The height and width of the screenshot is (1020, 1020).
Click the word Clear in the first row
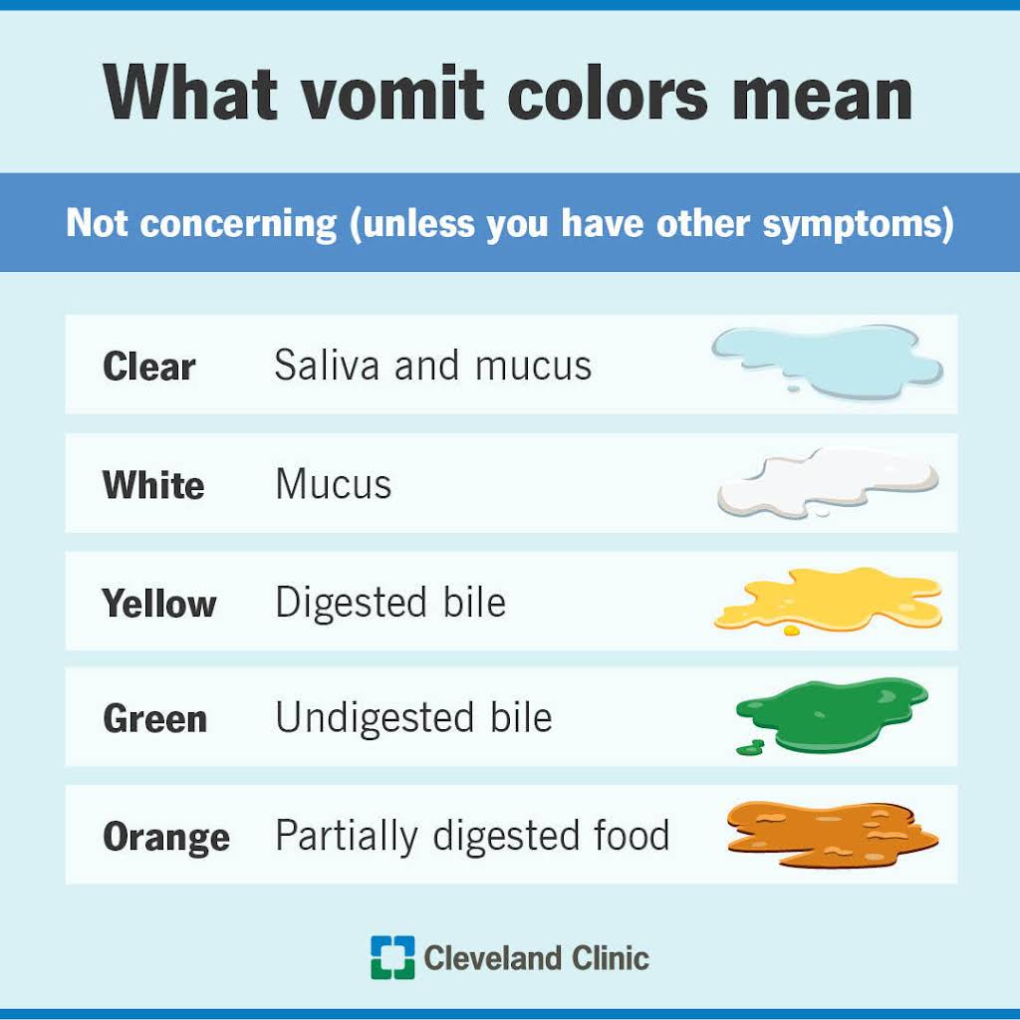click(x=149, y=367)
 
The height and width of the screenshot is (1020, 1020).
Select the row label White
click(x=153, y=485)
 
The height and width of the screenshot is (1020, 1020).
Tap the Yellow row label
click(x=158, y=604)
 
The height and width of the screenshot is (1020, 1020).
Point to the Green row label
click(x=154, y=719)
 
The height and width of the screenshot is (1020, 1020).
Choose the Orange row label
click(x=166, y=837)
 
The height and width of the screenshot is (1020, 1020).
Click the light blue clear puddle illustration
click(x=827, y=361)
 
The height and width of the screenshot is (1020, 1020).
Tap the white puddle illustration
click(x=828, y=482)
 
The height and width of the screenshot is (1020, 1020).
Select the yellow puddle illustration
click(x=828, y=599)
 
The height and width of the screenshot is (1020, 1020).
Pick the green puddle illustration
click(x=832, y=715)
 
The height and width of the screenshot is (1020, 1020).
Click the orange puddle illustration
click(x=832, y=834)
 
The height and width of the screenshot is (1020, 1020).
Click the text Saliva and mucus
click(x=433, y=365)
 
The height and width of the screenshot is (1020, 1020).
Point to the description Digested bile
click(x=390, y=603)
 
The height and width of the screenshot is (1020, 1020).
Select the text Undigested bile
click(x=413, y=718)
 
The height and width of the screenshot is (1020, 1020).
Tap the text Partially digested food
click(x=472, y=836)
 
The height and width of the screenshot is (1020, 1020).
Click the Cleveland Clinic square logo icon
click(x=392, y=957)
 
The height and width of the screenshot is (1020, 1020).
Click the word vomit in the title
click(x=392, y=94)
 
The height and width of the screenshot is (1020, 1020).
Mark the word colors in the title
click(x=608, y=94)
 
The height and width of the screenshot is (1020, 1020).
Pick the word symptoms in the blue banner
click(x=858, y=224)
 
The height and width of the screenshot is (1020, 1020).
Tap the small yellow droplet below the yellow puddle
click(x=792, y=630)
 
